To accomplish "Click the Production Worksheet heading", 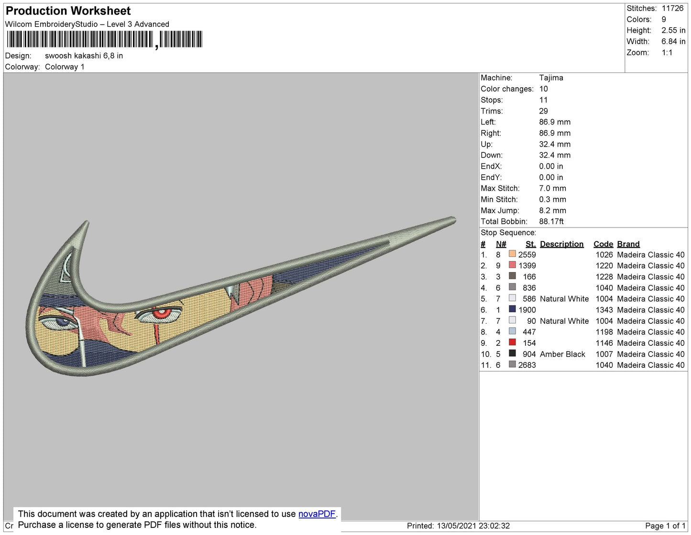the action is click(68, 11).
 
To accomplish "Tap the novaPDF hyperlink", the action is click(317, 513).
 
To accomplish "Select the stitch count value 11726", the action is click(672, 8).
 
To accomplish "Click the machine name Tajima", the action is click(551, 78).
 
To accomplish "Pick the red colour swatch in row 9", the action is click(512, 342).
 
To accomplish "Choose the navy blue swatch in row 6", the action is click(512, 308).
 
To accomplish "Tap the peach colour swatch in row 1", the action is click(512, 253).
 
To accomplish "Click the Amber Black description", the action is click(562, 354).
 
